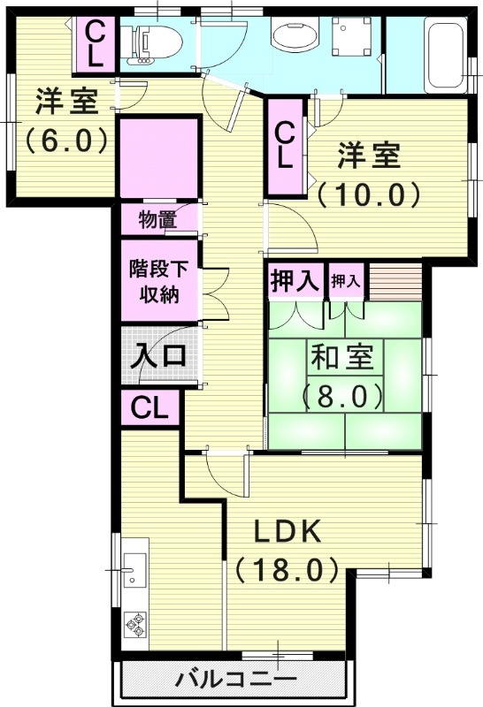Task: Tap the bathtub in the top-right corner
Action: click(x=441, y=55)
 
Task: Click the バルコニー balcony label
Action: click(x=234, y=680)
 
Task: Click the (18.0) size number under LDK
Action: click(x=287, y=568)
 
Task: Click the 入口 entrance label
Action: click(x=158, y=357)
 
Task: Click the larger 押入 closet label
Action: click(x=294, y=282)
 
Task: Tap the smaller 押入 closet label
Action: click(x=346, y=282)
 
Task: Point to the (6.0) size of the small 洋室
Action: click(x=65, y=140)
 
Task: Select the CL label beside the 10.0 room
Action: click(x=285, y=145)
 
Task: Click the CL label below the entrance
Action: click(x=149, y=408)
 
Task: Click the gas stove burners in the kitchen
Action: click(x=136, y=626)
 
